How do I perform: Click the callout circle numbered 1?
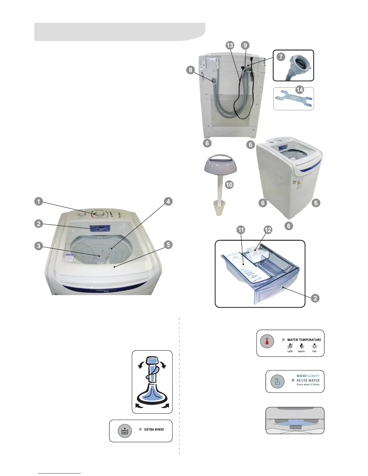pos(38,201)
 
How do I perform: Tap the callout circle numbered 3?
pos(38,246)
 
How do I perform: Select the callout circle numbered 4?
pos(168,201)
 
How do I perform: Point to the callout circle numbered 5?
pos(168,245)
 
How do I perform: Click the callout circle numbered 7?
pos(281,57)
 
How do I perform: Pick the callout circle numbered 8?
pos(190,70)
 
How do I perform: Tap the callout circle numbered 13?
pos(230,45)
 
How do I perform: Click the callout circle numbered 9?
pos(245,45)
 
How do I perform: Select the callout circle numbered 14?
pos(299,90)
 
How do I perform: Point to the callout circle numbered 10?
pos(229,185)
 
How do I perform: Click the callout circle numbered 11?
pos(241,230)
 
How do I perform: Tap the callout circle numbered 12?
pos(268,230)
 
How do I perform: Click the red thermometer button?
pos(267,341)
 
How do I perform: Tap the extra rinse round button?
pos(125,431)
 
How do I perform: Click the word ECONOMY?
pos(308,376)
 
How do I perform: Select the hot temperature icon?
pos(314,346)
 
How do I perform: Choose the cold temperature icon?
pos(290,346)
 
